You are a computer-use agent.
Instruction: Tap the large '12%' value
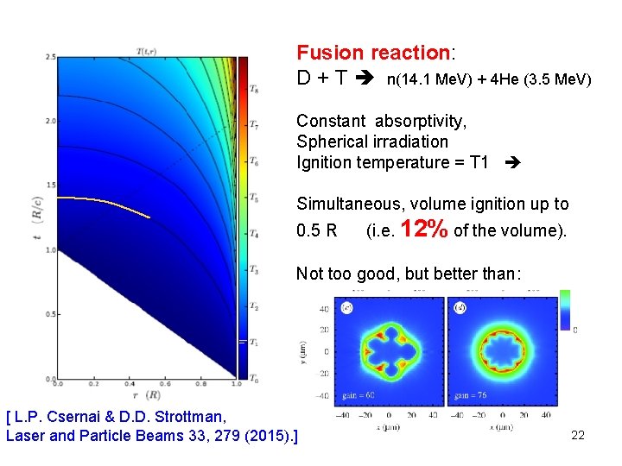click(425, 230)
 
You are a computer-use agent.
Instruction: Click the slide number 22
click(578, 435)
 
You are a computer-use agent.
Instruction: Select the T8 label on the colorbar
click(253, 89)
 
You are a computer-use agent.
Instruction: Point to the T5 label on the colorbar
click(253, 198)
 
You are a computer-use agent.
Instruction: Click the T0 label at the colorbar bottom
click(253, 378)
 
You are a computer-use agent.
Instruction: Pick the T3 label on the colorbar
click(253, 270)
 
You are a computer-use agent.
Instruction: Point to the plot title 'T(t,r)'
click(150, 52)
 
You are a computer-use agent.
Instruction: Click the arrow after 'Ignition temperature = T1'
click(511, 162)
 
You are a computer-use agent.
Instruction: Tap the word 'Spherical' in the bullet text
click(330, 142)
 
